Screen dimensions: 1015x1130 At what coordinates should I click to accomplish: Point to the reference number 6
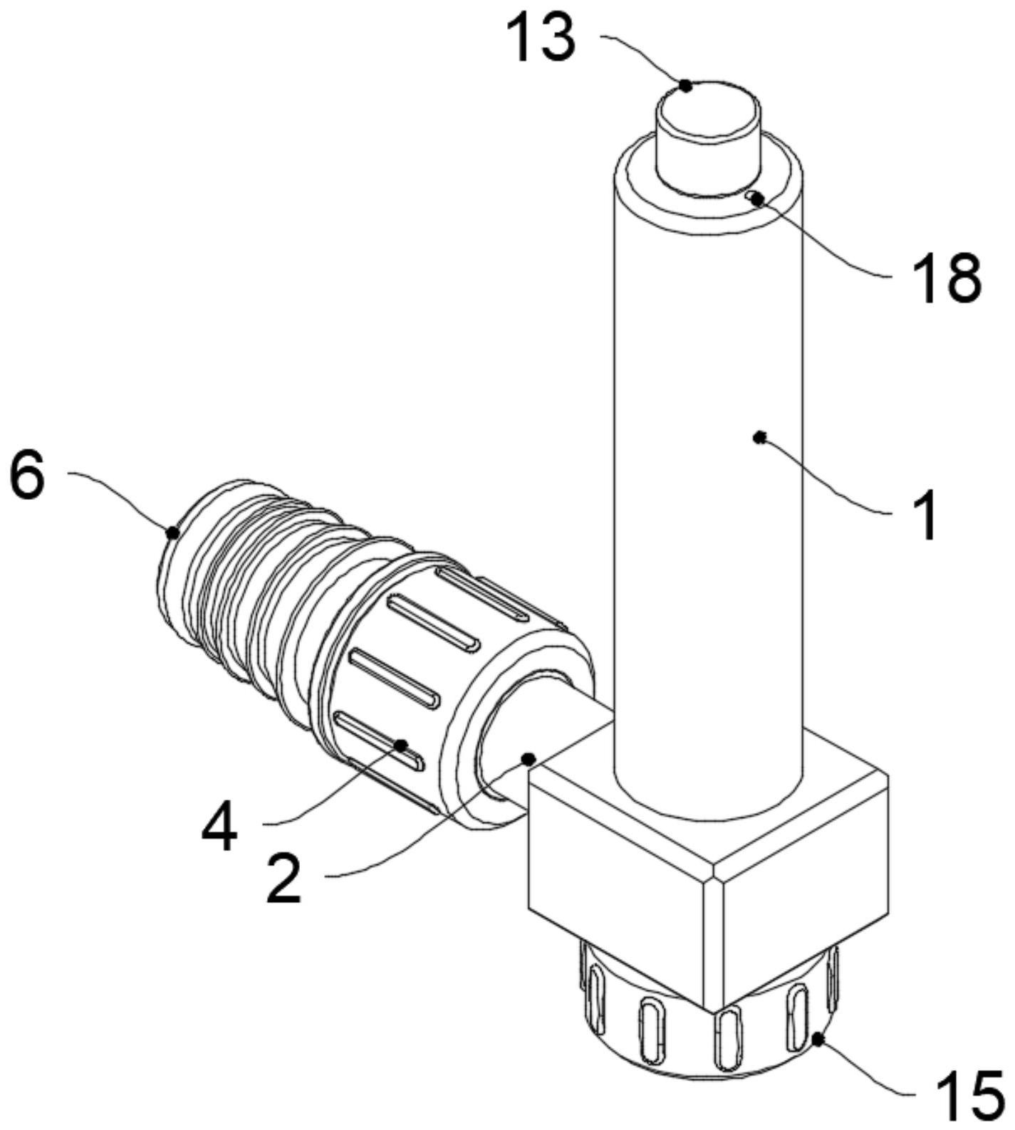coord(27,475)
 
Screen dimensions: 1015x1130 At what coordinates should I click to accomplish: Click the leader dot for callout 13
coord(685,85)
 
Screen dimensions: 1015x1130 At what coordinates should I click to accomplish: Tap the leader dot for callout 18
coord(756,199)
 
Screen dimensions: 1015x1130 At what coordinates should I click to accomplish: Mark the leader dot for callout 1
coord(760,437)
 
